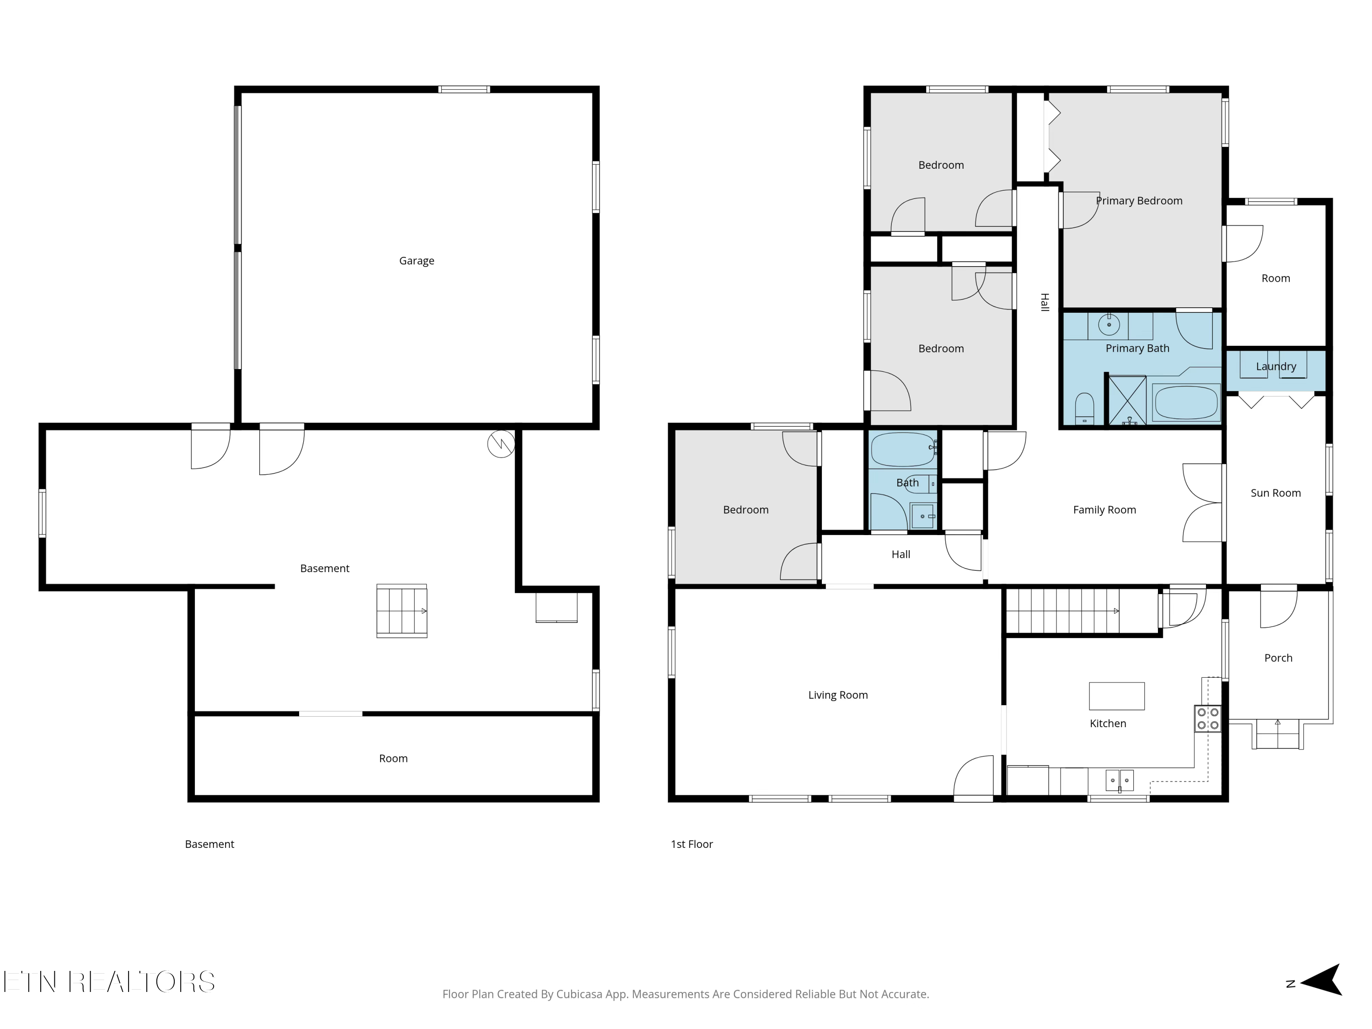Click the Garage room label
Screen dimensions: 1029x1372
point(416,261)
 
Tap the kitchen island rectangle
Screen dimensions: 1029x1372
point(1116,696)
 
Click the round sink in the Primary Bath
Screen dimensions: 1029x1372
point(1109,324)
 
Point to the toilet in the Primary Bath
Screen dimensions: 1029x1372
point(1084,407)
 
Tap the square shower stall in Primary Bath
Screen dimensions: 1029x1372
point(1128,400)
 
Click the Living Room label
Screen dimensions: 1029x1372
point(837,695)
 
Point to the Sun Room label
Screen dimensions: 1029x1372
point(1275,493)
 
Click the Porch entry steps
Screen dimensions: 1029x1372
point(1277,734)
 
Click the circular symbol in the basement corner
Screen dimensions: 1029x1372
point(500,444)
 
